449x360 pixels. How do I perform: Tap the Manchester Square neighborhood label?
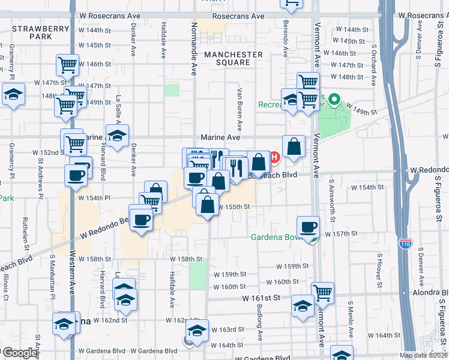click(x=233, y=58)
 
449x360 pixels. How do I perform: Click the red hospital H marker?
click(x=275, y=158)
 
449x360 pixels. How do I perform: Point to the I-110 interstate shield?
click(x=405, y=245)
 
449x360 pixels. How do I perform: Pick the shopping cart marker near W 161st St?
click(x=322, y=293)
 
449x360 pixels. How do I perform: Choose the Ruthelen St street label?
click(x=26, y=233)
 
